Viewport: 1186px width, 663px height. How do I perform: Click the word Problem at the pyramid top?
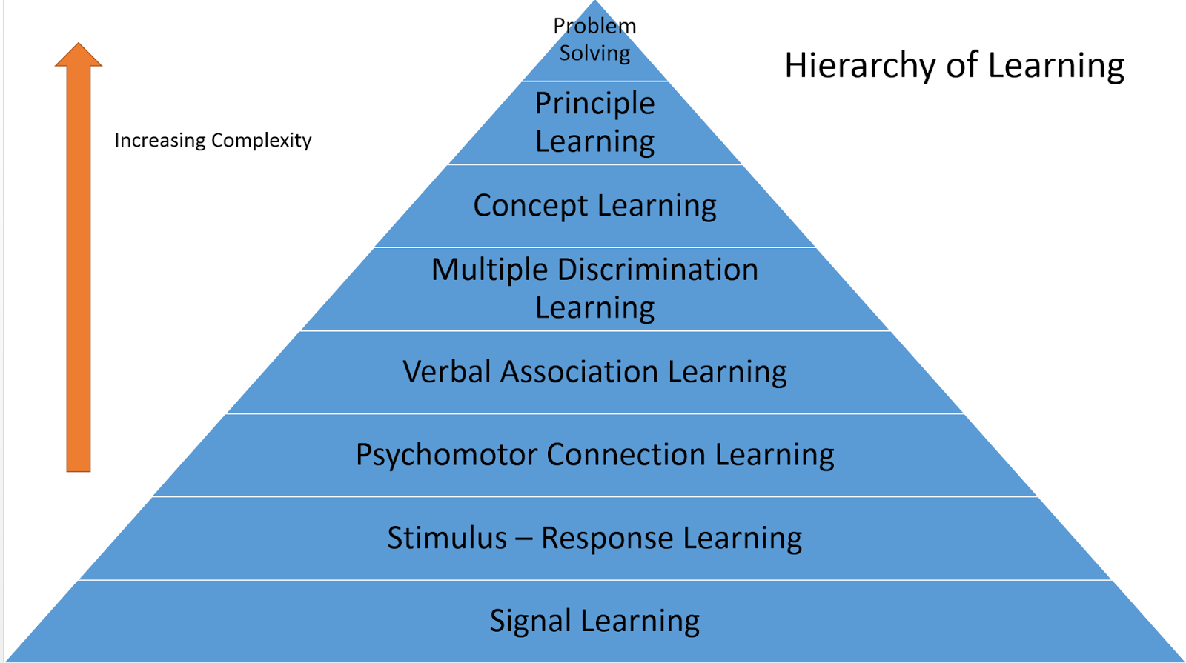click(594, 26)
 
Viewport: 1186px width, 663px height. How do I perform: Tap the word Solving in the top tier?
click(594, 53)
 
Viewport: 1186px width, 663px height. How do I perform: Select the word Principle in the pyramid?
click(594, 104)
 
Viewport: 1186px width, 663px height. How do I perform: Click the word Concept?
click(529, 206)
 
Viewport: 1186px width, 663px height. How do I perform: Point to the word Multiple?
click(489, 270)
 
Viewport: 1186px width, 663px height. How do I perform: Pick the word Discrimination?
click(657, 270)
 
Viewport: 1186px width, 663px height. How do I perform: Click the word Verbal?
click(447, 372)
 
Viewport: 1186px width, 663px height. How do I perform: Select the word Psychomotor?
click(446, 455)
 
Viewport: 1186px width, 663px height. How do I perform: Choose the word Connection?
click(626, 455)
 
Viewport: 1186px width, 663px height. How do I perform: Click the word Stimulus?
click(446, 538)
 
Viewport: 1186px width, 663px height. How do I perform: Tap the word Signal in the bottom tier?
click(530, 621)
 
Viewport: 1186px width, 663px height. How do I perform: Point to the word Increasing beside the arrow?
click(159, 141)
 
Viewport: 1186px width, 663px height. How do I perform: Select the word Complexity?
click(262, 141)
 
